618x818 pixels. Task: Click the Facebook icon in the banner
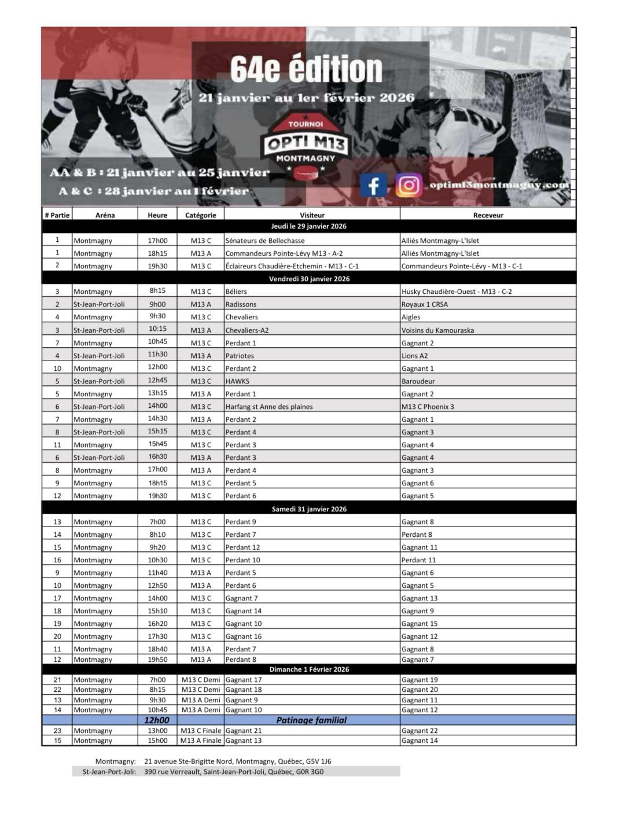pos(373,185)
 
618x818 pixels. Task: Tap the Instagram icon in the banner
pos(408,185)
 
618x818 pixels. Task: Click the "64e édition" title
pos(306,69)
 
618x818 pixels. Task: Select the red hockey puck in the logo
pos(305,172)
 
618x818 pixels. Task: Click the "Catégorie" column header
pos(200,215)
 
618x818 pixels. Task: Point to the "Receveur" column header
pos(488,215)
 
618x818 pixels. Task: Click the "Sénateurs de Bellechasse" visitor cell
pos(265,241)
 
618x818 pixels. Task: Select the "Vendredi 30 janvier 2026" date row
pos(309,279)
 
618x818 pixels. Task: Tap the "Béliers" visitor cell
pos(236,292)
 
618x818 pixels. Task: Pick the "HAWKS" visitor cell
pos(237,381)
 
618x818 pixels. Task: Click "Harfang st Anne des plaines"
pos(269,407)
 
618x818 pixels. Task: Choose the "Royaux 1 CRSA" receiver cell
pos(425,304)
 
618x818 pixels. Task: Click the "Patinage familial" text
pos(311,720)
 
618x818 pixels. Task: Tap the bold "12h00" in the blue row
pos(157,720)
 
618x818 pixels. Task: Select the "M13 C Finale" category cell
pos(201,731)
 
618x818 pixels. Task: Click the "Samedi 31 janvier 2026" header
pos(309,509)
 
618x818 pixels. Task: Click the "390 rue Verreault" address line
pos(234,772)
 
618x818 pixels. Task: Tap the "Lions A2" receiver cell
pos(415,356)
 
